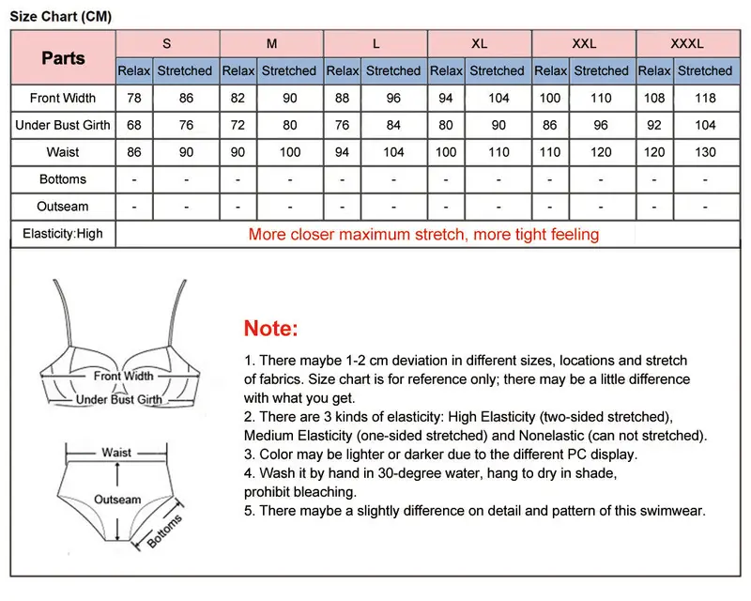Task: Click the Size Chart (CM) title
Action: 61,16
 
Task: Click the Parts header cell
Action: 63,58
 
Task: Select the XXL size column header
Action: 584,43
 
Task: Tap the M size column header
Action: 271,43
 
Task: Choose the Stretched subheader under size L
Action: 393,71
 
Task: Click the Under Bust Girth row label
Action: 63,125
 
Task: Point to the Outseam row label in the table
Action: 63,207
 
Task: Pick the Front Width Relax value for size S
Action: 134,99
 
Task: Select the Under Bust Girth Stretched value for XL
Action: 498,125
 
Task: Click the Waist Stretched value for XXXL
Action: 705,152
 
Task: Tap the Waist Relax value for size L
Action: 342,152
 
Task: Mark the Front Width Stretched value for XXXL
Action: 705,99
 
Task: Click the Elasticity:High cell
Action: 63,234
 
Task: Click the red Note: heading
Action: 270,329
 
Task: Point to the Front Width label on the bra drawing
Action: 124,377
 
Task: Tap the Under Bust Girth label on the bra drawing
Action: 119,399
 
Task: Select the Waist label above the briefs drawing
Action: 116,453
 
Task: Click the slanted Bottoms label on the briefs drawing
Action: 164,531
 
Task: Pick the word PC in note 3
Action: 576,455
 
